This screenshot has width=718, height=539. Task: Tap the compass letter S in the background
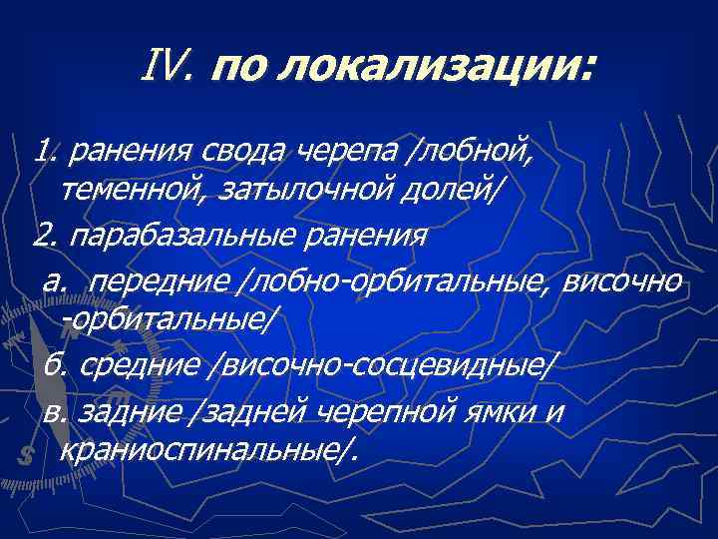click(26, 452)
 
